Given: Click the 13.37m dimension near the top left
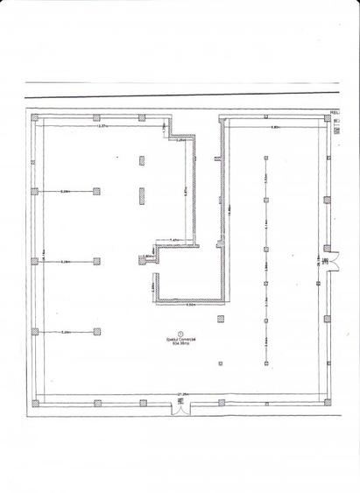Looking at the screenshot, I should point(102,128).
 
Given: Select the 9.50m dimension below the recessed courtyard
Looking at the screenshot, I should point(190,306).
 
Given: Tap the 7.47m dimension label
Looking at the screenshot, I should point(173,240).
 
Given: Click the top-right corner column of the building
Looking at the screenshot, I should point(328,118).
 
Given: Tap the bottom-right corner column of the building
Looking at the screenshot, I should point(328,404).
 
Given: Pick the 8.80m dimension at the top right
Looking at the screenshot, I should point(275,128).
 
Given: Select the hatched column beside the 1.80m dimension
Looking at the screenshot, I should point(141,258).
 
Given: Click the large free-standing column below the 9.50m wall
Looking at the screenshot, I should point(219,318).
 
